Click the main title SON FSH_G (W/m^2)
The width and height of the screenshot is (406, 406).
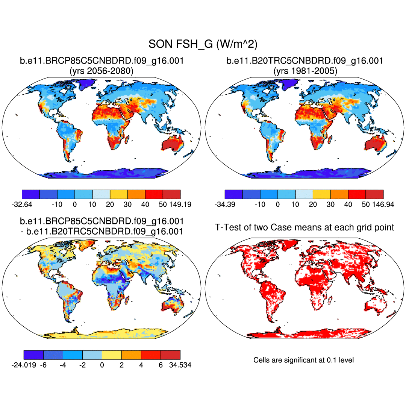[x=203, y=44]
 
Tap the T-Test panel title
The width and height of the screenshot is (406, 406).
[x=304, y=227]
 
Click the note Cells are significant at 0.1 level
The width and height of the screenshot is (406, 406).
[x=303, y=360]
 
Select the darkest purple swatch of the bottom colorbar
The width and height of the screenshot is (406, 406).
[x=33, y=355]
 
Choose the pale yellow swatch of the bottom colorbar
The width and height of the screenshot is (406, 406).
[x=112, y=355]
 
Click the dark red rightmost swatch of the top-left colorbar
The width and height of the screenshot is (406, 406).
[x=171, y=194]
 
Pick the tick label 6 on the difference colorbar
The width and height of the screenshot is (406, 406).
[x=161, y=365]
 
